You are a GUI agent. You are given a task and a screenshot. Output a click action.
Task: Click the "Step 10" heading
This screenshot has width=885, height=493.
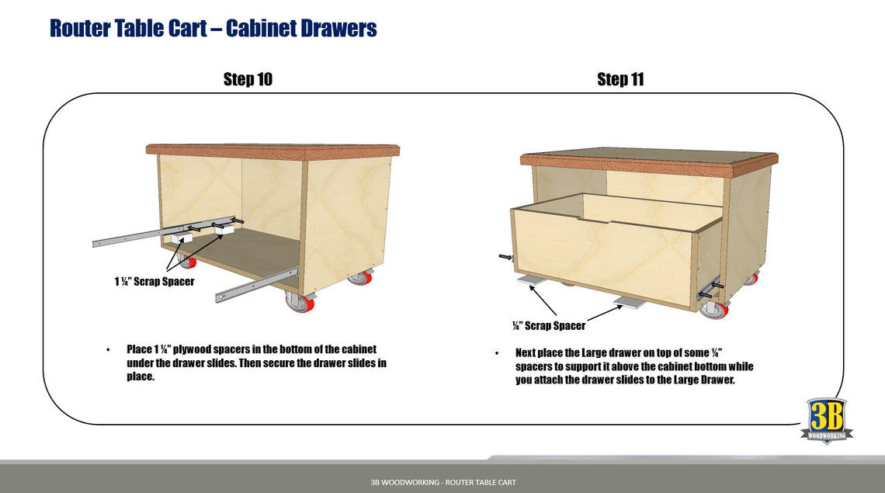pyautogui.click(x=248, y=79)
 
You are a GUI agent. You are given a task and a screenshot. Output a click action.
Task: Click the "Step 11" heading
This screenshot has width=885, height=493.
pyautogui.click(x=620, y=79)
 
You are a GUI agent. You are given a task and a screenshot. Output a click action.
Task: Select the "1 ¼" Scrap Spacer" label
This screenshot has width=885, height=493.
pyautogui.click(x=154, y=281)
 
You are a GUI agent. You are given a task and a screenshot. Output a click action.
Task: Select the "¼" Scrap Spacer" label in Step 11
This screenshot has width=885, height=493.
pyautogui.click(x=549, y=325)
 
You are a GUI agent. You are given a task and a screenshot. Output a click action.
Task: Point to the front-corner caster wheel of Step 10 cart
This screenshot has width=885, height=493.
pyautogui.click(x=299, y=302)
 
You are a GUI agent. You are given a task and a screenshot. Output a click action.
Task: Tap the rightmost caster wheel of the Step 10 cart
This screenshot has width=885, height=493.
pyautogui.click(x=359, y=277)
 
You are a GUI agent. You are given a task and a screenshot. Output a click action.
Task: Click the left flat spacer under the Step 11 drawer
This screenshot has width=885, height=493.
pyautogui.click(x=534, y=279)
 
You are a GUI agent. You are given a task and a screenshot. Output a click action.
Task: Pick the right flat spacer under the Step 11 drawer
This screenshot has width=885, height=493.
pyautogui.click(x=630, y=301)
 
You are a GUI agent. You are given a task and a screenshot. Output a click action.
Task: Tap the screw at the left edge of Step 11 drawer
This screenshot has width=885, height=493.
pyautogui.click(x=505, y=257)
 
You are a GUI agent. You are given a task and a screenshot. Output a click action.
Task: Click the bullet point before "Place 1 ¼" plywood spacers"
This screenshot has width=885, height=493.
pyautogui.click(x=108, y=350)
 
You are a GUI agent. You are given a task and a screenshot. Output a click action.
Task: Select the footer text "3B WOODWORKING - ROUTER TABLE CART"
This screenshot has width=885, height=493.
pyautogui.click(x=442, y=482)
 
